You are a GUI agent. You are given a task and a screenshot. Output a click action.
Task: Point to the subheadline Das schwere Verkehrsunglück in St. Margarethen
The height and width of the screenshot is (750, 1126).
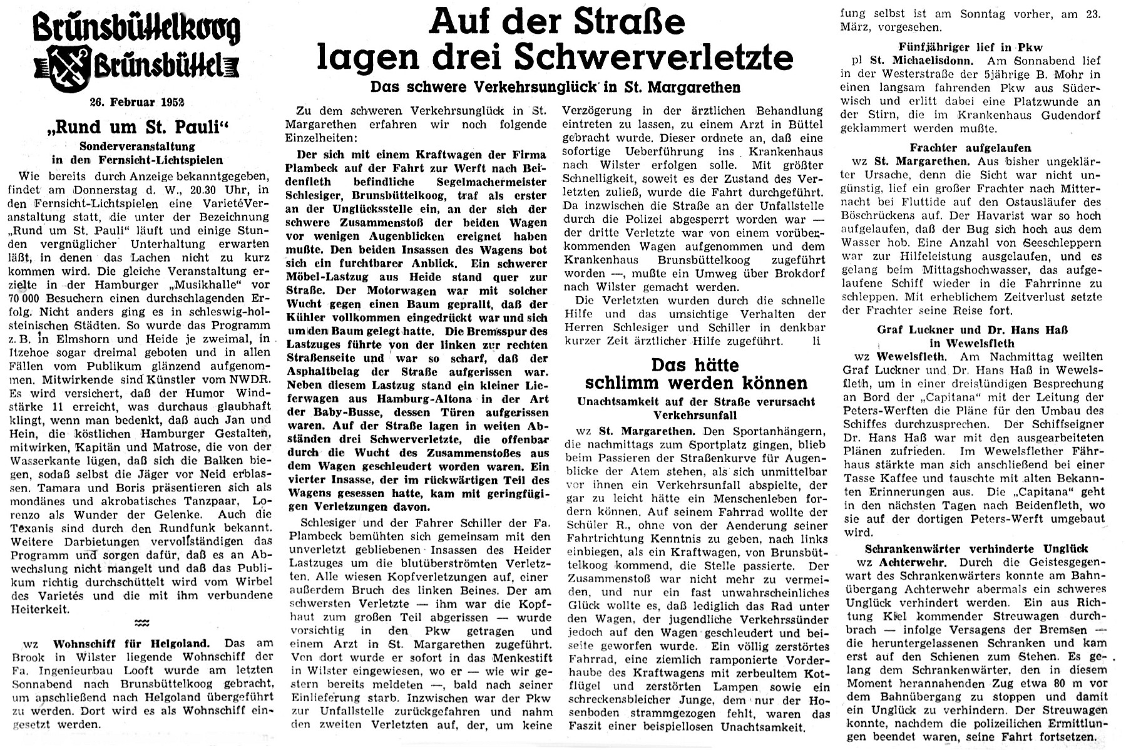coord(555,87)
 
